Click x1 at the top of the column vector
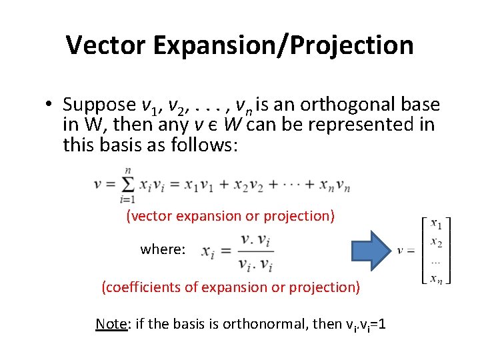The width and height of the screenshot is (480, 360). [x=436, y=223]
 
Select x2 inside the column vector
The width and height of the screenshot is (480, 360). [x=436, y=241]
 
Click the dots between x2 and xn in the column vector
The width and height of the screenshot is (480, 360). [x=436, y=260]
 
